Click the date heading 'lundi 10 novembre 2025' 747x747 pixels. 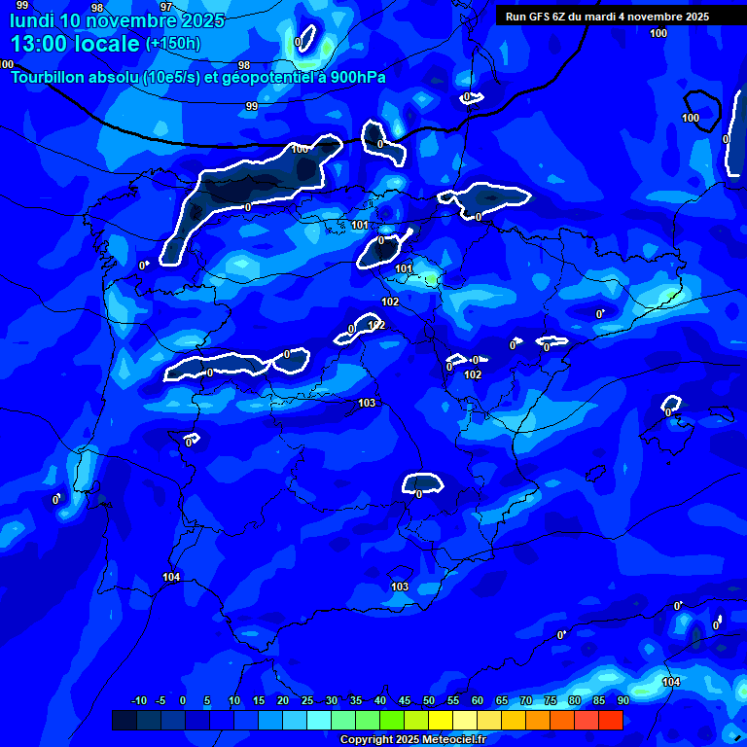(x=117, y=20)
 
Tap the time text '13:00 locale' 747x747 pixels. (x=75, y=44)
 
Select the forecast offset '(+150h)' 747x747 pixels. (x=173, y=44)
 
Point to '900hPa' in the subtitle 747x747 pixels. (x=353, y=77)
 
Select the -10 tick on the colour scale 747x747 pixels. (x=138, y=701)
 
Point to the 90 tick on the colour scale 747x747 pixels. (x=622, y=701)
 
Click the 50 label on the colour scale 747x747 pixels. (x=429, y=701)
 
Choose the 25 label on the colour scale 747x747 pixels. (x=306, y=701)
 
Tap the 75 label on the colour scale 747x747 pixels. (x=551, y=701)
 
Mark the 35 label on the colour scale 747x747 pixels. (x=355, y=701)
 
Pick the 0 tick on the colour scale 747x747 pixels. (x=183, y=701)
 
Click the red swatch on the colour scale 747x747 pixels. (x=610, y=720)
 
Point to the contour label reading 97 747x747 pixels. (x=166, y=7)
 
